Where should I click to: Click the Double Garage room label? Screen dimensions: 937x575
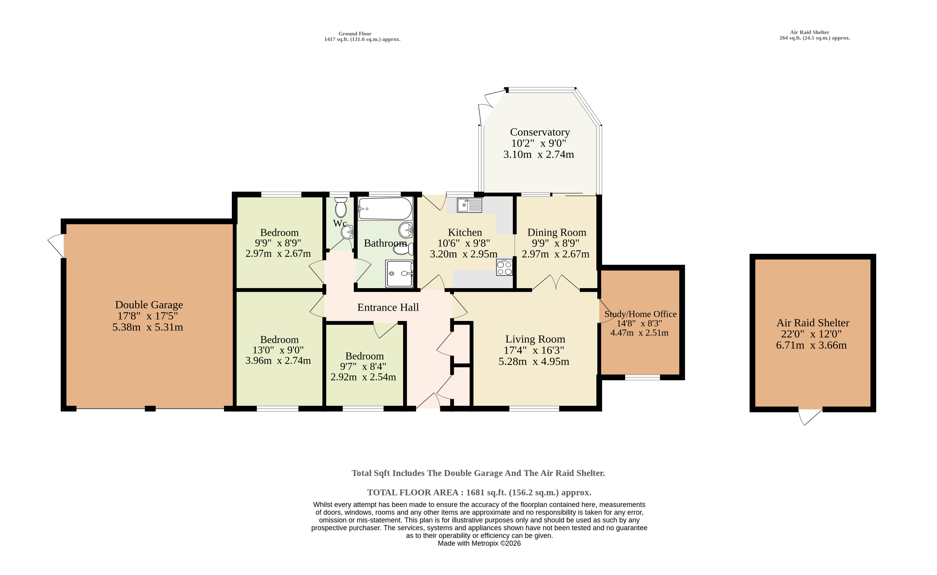pyautogui.click(x=149, y=305)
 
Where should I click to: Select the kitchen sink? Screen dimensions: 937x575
pyautogui.click(x=469, y=205)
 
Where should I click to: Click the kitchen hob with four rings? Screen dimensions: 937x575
pyautogui.click(x=504, y=268)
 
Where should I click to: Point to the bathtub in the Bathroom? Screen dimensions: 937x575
pyautogui.click(x=385, y=208)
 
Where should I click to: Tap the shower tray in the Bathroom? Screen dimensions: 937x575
pyautogui.click(x=399, y=273)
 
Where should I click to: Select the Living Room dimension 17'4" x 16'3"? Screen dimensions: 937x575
pyautogui.click(x=534, y=350)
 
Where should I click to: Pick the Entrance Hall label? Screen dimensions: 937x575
pyautogui.click(x=388, y=307)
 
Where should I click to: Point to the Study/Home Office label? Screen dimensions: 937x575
pyautogui.click(x=640, y=314)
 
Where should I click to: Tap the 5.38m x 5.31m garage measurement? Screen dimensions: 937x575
pyautogui.click(x=148, y=327)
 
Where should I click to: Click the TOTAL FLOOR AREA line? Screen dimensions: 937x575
pyautogui.click(x=479, y=492)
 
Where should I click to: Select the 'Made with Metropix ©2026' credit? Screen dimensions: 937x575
pyautogui.click(x=479, y=544)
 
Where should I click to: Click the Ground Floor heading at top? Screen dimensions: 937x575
pyautogui.click(x=355, y=33)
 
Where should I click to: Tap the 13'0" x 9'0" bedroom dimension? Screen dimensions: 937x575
pyautogui.click(x=278, y=350)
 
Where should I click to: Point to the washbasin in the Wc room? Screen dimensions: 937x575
pyautogui.click(x=347, y=232)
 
